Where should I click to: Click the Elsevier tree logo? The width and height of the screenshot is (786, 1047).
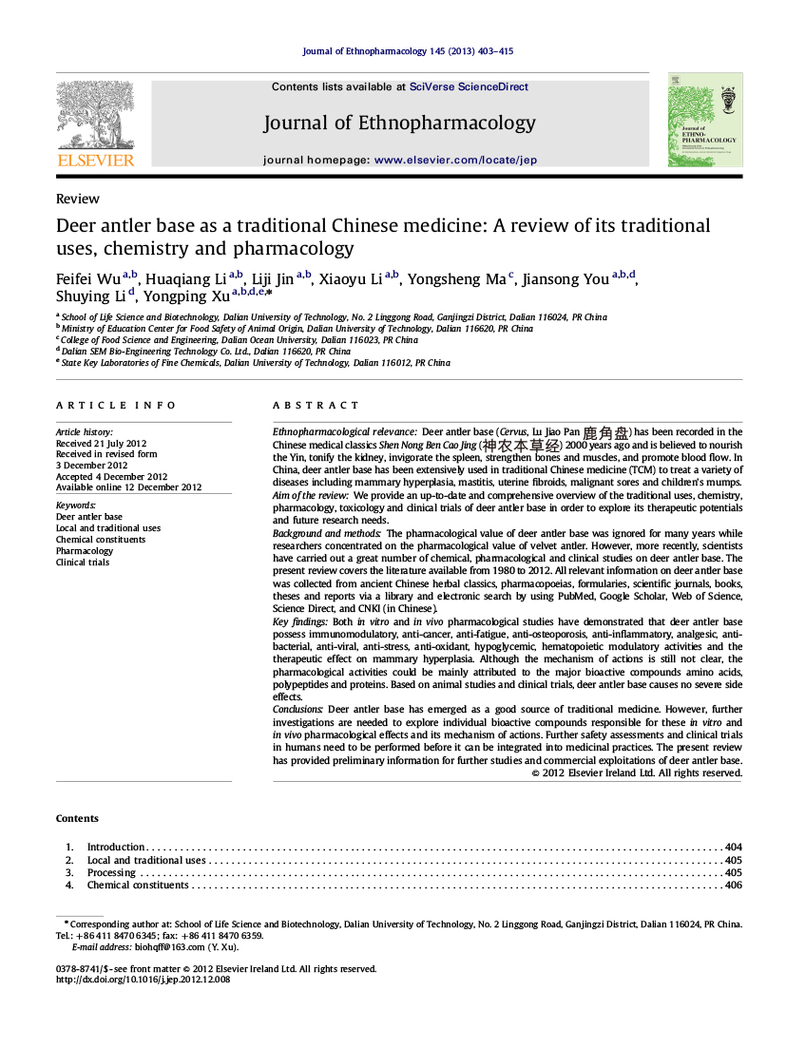[x=95, y=116]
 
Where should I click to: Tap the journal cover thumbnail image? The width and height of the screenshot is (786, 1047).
[x=704, y=120]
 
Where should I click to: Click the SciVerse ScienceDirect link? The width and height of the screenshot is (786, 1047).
[x=469, y=86]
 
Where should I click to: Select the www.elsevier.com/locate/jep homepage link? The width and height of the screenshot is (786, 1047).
[x=455, y=161]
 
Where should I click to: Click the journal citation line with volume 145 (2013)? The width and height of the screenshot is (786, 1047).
[x=408, y=51]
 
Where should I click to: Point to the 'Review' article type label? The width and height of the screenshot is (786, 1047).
[x=77, y=200]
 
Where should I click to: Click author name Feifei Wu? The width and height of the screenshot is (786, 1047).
[x=88, y=279]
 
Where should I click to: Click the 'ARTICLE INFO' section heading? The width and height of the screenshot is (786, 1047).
[x=116, y=406]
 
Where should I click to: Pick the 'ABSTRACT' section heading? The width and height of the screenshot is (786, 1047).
[x=316, y=406]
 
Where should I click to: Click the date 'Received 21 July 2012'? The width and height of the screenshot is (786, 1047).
[x=101, y=443]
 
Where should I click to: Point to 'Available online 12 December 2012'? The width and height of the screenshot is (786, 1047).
[x=128, y=487]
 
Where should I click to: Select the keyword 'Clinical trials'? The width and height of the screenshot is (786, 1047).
[x=83, y=562]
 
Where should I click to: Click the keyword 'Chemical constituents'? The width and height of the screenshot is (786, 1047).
[x=101, y=540]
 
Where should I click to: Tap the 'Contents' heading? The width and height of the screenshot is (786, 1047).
[x=77, y=819]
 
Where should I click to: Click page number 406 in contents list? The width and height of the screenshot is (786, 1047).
[x=733, y=885]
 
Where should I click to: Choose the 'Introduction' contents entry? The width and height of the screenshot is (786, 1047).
[x=116, y=847]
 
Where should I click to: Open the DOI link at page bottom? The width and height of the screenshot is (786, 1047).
[x=144, y=980]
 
